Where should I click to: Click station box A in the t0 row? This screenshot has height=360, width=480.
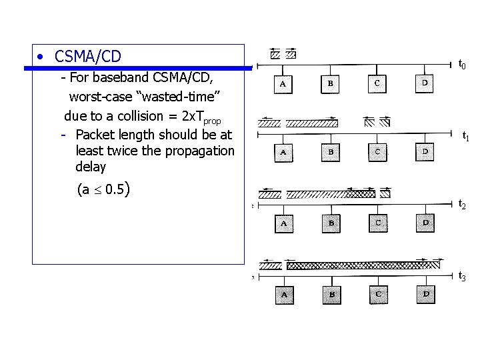283,85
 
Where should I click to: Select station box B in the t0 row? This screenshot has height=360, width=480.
331,83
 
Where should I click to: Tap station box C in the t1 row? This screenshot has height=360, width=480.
377,152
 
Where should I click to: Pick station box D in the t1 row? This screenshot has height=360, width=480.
425,152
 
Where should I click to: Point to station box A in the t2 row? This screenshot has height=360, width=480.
284,223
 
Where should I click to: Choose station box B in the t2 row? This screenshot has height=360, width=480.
331,223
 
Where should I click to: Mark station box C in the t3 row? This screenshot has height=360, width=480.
379,294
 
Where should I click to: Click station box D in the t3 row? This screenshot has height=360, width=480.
425,293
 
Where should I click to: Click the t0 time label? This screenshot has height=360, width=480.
461,65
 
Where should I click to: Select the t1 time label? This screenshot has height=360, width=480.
466,137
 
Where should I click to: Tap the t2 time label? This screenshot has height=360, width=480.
461,205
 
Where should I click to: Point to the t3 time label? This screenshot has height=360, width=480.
462,275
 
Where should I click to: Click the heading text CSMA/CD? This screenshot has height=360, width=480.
88,57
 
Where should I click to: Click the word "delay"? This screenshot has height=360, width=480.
91,167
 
